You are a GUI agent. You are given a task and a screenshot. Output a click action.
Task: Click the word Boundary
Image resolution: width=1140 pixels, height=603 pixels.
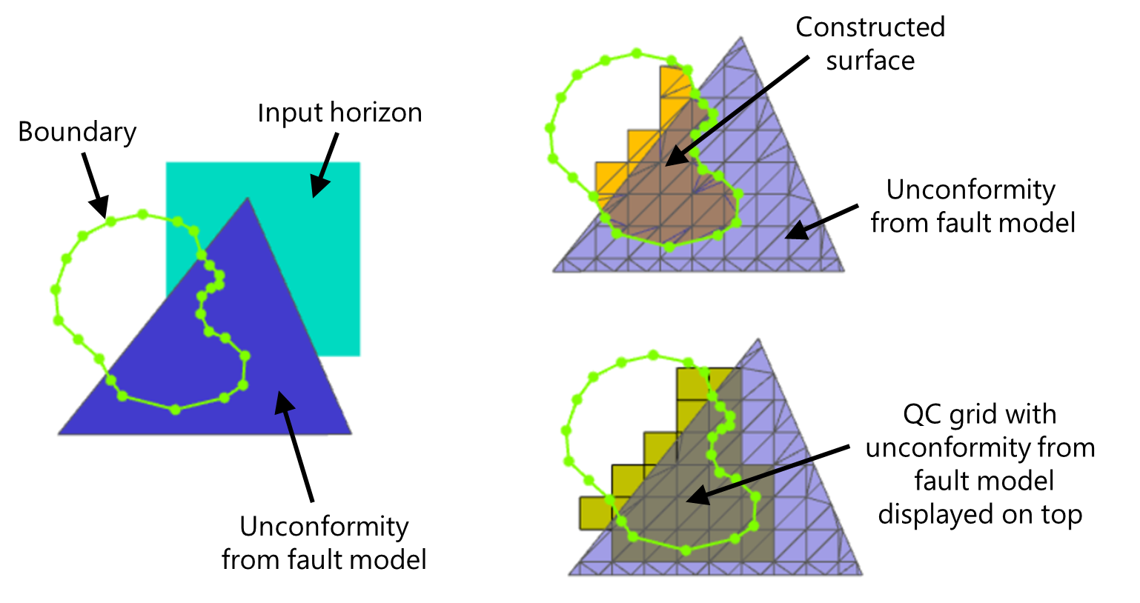click(77, 132)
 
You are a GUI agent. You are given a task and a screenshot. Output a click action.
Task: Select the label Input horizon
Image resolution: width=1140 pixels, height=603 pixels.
click(339, 113)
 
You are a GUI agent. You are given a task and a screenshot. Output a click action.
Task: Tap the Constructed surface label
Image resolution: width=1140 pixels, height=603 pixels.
click(870, 44)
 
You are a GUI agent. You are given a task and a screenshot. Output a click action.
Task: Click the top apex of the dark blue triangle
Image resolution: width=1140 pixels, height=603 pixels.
click(247, 198)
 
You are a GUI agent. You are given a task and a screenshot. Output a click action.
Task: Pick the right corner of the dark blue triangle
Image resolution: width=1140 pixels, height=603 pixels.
click(350, 433)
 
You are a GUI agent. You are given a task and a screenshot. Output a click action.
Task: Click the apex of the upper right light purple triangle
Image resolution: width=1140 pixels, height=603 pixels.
click(741, 39)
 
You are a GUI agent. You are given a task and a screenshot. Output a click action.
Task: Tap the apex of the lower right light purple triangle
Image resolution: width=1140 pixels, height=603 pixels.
click(758, 341)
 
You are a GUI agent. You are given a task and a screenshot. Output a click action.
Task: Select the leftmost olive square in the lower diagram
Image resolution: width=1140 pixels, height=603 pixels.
click(594, 513)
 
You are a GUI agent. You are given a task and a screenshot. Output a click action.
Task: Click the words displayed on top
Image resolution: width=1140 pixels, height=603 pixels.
click(980, 514)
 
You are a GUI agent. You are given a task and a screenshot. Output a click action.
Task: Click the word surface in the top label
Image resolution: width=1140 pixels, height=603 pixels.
click(870, 61)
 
